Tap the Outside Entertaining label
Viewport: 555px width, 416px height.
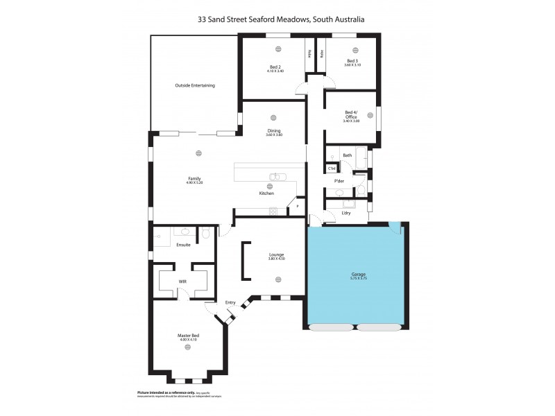(x=195, y=85)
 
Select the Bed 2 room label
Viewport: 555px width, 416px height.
(x=275, y=68)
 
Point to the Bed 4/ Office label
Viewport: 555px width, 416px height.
(x=351, y=116)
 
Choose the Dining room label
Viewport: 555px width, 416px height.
(x=274, y=132)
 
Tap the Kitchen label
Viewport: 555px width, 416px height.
(x=266, y=193)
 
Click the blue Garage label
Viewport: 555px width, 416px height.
(x=358, y=275)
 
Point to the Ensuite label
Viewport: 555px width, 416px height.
(x=184, y=245)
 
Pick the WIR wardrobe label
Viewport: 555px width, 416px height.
(x=182, y=281)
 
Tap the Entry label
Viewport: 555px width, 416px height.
(x=230, y=302)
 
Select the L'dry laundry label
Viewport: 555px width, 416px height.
(x=346, y=213)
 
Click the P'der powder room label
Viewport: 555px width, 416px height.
(x=339, y=181)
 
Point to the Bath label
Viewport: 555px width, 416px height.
(x=347, y=155)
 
